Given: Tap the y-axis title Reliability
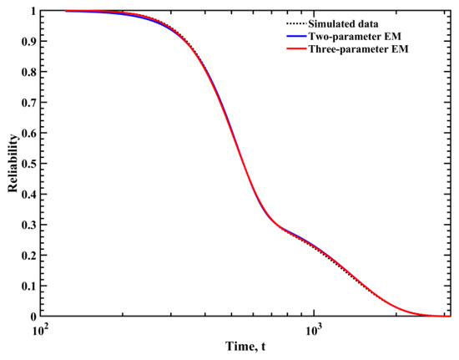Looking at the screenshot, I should pos(12,164).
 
